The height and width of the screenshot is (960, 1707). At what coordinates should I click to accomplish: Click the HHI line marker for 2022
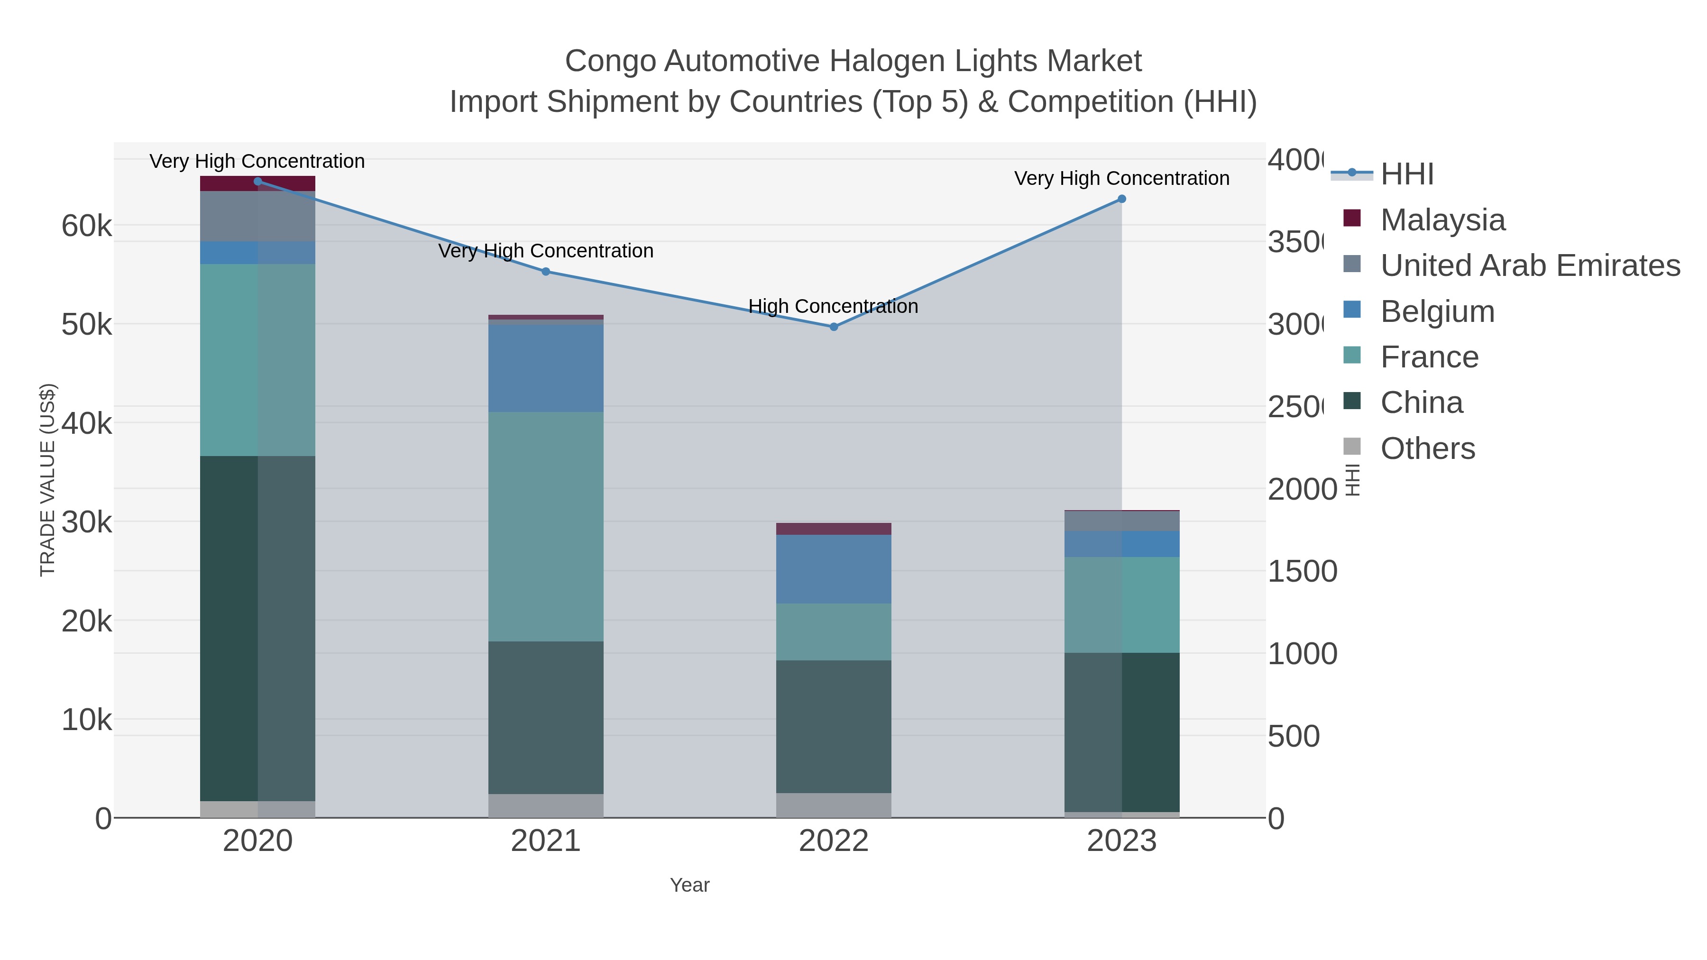(x=834, y=327)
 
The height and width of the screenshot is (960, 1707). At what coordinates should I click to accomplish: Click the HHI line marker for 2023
(x=1122, y=199)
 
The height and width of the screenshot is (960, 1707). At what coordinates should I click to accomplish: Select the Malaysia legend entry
(x=1442, y=220)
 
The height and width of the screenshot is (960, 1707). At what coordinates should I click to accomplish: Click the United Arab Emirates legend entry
(x=1529, y=265)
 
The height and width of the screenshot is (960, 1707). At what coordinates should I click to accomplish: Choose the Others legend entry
(x=1427, y=448)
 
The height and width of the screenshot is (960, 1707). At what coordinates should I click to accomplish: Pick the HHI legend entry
(x=1406, y=174)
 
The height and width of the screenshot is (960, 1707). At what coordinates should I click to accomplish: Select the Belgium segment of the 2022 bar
(x=834, y=569)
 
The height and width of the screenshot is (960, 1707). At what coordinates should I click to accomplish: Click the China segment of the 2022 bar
(x=834, y=726)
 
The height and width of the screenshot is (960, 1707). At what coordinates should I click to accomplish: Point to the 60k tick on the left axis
(x=87, y=226)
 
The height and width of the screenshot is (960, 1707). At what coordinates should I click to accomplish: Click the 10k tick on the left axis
(x=87, y=720)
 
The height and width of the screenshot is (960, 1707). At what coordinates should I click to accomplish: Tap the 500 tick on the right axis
(x=1294, y=736)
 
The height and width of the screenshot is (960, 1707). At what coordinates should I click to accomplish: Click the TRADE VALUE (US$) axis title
(x=48, y=480)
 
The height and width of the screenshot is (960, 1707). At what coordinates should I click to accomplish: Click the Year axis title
(x=689, y=885)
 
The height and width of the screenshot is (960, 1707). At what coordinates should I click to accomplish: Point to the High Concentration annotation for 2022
(x=833, y=306)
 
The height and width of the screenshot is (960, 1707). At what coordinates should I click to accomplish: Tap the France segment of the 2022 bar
(x=834, y=631)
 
